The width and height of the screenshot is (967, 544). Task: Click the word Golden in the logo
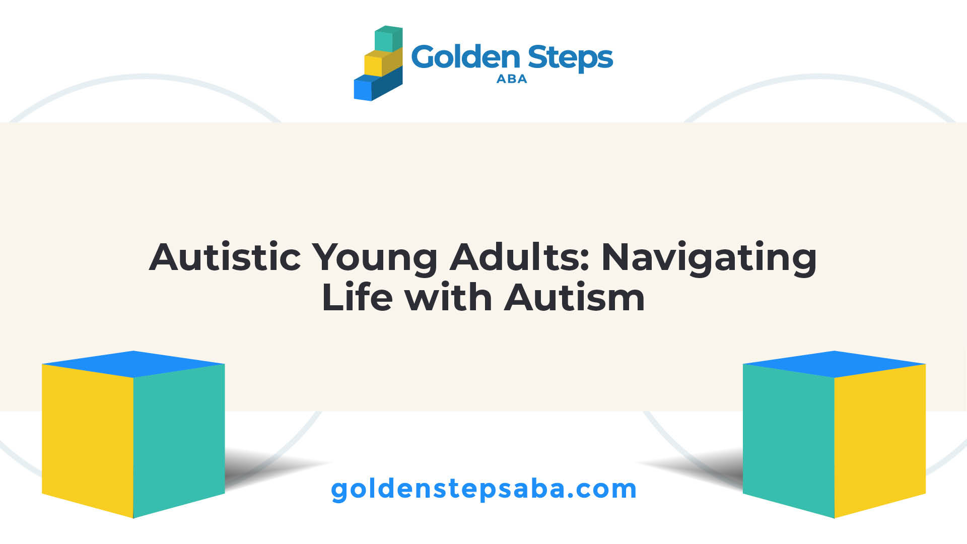(x=465, y=57)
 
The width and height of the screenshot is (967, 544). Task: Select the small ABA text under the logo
(x=512, y=79)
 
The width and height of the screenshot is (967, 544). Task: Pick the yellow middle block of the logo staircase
(x=383, y=62)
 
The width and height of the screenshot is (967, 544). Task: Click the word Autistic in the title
(x=225, y=257)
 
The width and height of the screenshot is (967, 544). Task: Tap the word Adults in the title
(x=520, y=257)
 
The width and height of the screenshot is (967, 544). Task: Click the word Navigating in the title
(x=709, y=259)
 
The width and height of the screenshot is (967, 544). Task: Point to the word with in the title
(x=448, y=297)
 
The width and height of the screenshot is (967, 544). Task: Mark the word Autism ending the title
(x=575, y=297)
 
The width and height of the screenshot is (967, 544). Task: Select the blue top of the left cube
(x=133, y=364)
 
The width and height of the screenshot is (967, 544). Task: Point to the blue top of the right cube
(x=835, y=364)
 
